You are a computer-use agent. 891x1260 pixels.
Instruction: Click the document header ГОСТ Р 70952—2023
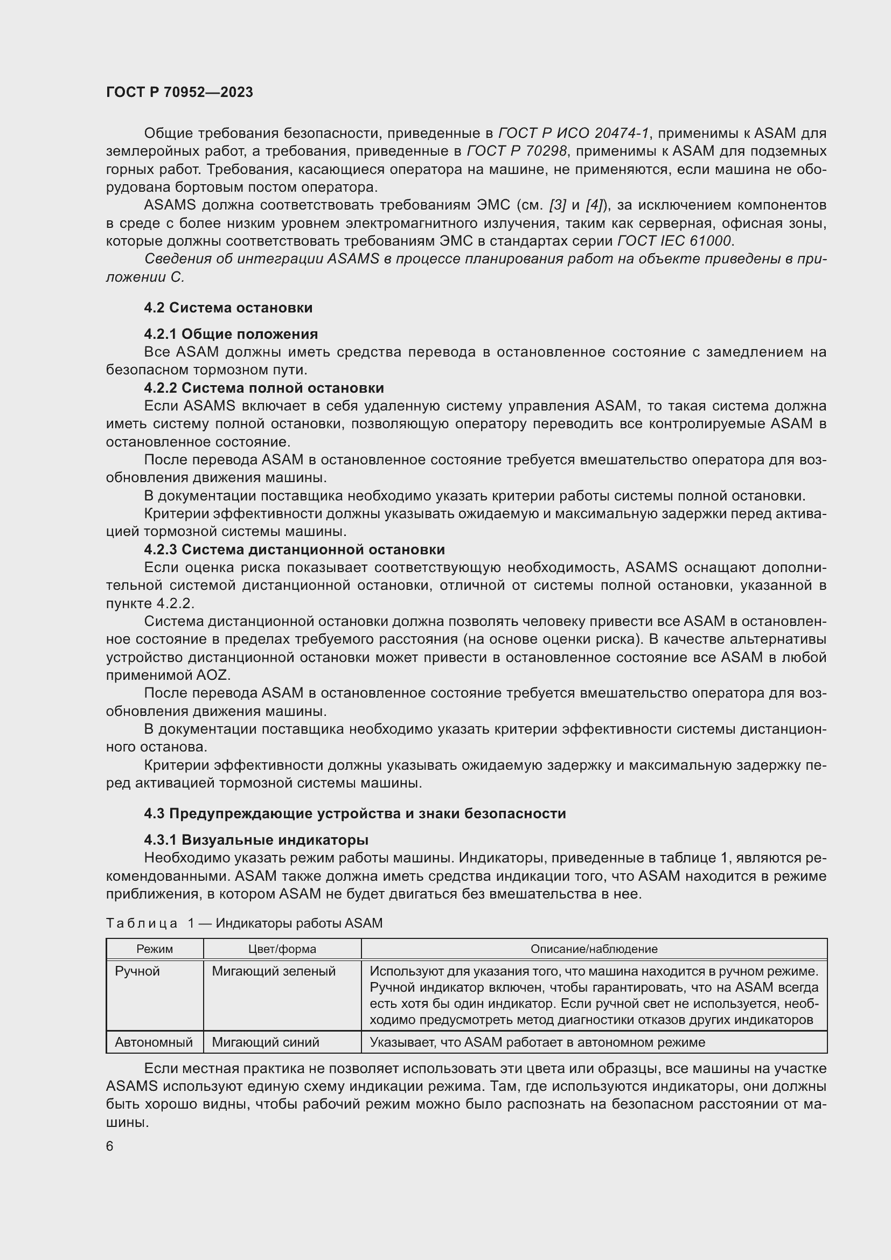(179, 92)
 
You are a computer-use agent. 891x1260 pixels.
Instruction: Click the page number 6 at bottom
(110, 1146)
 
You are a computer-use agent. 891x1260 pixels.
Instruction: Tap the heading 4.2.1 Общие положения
(231, 333)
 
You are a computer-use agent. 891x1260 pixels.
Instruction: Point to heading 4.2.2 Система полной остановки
(264, 388)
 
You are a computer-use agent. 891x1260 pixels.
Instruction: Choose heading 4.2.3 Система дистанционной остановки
(295, 549)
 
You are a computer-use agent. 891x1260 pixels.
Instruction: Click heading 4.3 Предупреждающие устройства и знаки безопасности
(355, 813)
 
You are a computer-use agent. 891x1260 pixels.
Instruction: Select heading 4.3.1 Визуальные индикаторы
(256, 840)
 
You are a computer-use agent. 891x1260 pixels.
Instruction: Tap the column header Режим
(155, 949)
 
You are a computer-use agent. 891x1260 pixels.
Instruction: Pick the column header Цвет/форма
(282, 949)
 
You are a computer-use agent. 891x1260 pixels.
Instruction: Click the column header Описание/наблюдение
(594, 949)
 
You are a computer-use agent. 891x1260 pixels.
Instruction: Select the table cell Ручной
(137, 971)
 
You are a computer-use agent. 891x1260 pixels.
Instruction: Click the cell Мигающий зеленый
(273, 971)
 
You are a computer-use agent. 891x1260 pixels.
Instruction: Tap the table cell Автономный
(154, 1042)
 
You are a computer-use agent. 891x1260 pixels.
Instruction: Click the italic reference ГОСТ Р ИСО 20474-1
(573, 134)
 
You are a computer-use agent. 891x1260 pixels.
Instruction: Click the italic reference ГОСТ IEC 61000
(674, 241)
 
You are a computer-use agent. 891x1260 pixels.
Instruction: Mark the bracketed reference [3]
(558, 205)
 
